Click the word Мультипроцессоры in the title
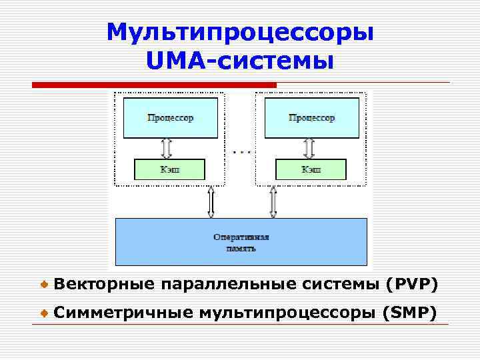pos(240,32)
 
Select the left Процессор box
pos(170,118)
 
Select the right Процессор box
pos(311,118)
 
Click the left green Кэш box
pos(170,169)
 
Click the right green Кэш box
pos(311,169)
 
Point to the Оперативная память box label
pos(241,242)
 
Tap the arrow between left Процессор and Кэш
pos(167,148)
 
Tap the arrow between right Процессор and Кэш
pos(309,148)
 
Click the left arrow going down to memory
pos(211,201)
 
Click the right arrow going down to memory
pos(273,201)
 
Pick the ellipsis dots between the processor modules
pos(241,152)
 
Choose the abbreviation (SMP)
pos(410,312)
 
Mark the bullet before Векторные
pos(43,285)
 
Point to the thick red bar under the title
pos(154,85)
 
